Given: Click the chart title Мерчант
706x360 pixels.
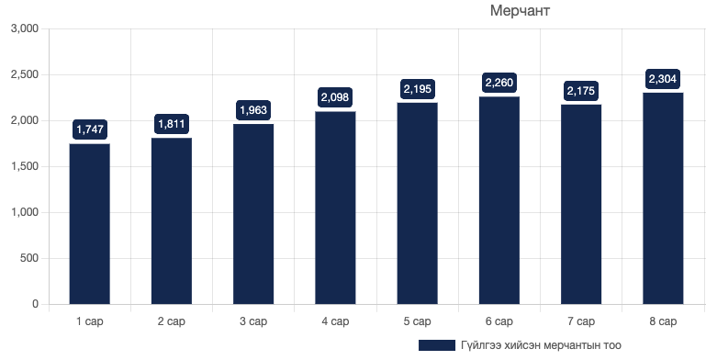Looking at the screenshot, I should pyautogui.click(x=519, y=11).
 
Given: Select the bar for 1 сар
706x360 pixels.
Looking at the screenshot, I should pyautogui.click(x=89, y=224).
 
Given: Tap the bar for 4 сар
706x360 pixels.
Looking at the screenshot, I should pyautogui.click(x=335, y=208).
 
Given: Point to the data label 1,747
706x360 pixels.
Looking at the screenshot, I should pyautogui.click(x=89, y=129).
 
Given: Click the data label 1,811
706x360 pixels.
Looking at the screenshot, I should pyautogui.click(x=172, y=123).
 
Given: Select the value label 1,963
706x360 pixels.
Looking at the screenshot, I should pyautogui.click(x=253, y=110).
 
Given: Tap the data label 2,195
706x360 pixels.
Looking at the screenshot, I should pyautogui.click(x=418, y=89).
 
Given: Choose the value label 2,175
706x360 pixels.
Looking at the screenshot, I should pyautogui.click(x=581, y=90).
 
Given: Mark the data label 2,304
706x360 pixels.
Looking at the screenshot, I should pyautogui.click(x=663, y=79).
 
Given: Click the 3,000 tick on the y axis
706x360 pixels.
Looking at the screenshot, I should pyautogui.click(x=23, y=28).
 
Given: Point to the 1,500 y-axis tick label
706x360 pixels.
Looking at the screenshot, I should pyautogui.click(x=23, y=166).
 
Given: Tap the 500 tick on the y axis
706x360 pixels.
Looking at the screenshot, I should pyautogui.click(x=29, y=258).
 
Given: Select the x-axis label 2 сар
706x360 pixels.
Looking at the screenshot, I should pyautogui.click(x=172, y=321).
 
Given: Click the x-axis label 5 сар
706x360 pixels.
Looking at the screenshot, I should pyautogui.click(x=418, y=321).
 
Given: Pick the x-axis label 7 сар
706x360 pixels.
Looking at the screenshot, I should pyautogui.click(x=581, y=321).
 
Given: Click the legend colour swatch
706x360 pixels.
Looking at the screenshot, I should pyautogui.click(x=436, y=345).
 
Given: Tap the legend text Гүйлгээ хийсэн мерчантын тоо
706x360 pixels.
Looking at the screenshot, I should pyautogui.click(x=542, y=345).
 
